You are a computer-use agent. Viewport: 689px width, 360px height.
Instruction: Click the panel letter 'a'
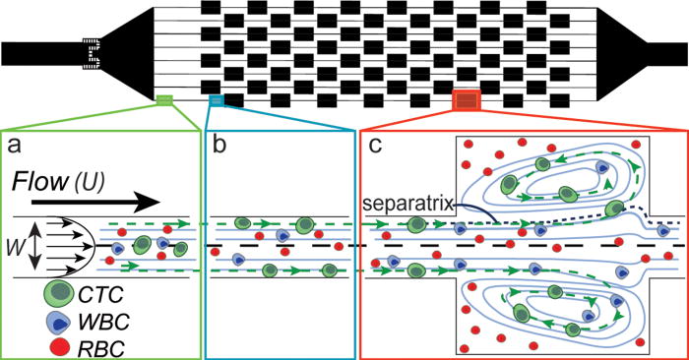tap(14, 146)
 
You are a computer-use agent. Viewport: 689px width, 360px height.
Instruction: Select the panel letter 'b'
tap(219, 146)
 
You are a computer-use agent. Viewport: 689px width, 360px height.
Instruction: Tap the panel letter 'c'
tap(375, 146)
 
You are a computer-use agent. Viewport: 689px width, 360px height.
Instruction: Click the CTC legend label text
tap(104, 292)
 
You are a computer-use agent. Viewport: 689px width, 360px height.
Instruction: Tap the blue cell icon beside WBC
tap(60, 320)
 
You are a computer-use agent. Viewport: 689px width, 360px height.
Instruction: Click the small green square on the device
tap(164, 98)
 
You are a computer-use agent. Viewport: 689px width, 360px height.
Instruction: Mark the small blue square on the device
tap(217, 98)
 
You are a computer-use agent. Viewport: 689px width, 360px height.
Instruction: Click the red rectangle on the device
tap(466, 99)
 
